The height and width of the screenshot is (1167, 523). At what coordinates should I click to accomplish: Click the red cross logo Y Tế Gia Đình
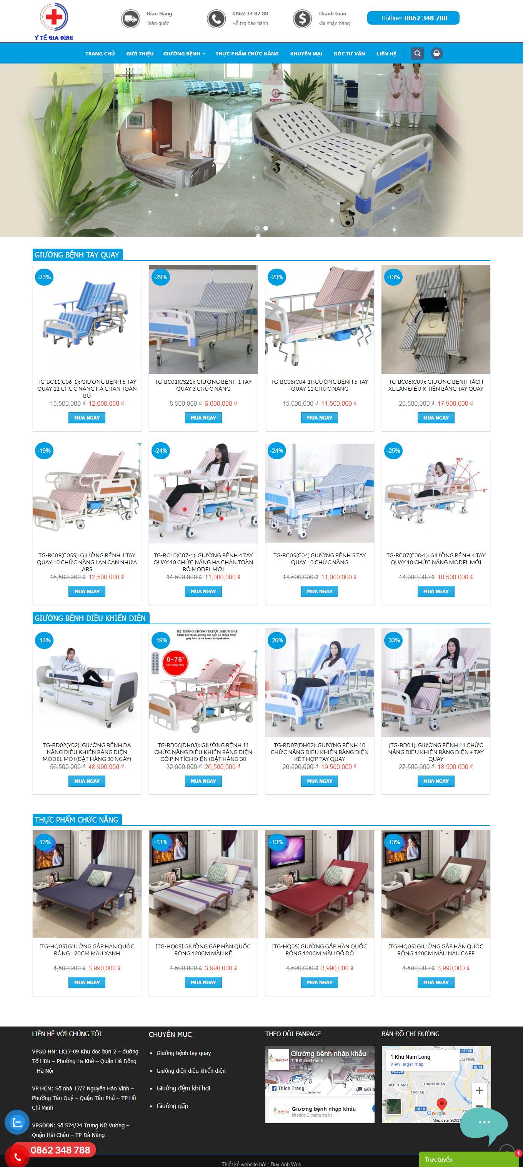53,20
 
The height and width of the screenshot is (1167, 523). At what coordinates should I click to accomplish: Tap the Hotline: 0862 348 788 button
413,18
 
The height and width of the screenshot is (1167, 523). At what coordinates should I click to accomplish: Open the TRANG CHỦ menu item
100,54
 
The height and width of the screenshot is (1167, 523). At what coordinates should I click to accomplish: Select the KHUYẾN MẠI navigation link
306,54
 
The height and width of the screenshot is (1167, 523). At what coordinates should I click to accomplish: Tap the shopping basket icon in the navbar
436,54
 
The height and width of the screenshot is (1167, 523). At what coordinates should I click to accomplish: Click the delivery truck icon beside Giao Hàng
130,18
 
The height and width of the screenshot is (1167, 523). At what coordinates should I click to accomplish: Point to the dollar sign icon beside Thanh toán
302,18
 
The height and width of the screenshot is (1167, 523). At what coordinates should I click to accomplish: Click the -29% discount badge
161,277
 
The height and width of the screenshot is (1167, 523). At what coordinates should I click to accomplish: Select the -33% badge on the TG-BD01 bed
393,640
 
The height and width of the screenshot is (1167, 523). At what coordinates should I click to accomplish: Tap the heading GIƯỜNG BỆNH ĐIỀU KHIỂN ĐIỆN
90,618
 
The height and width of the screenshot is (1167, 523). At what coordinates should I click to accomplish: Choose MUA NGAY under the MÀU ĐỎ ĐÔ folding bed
319,982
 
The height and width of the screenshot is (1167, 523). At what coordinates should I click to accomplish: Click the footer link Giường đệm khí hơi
183,1088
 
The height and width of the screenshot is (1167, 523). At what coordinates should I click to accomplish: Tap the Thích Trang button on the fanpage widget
288,1088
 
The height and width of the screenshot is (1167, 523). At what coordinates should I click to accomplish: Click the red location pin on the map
441,1103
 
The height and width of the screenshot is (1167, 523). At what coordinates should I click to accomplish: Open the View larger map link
406,1064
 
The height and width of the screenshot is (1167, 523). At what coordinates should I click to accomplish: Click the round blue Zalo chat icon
17,1122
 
